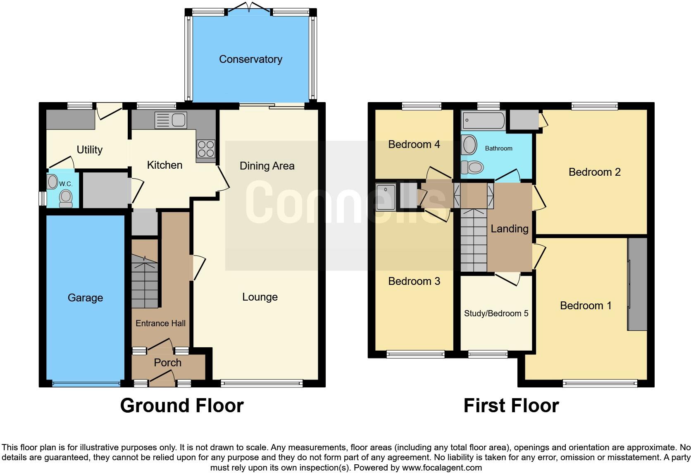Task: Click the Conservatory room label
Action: point(250,59)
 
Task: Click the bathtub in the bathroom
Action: point(483,121)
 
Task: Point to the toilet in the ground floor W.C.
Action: point(66,198)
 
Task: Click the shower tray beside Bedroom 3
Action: point(386,197)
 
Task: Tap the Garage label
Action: point(85,298)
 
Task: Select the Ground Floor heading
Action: point(182,406)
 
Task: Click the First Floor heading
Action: point(511,406)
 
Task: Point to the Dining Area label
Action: point(267,166)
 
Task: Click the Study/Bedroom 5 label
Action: point(496,313)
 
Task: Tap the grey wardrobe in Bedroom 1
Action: point(637,284)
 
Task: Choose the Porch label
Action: point(167,363)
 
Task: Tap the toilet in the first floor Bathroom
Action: point(473,167)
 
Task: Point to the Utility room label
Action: point(90,150)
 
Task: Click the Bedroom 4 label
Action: point(414,144)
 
